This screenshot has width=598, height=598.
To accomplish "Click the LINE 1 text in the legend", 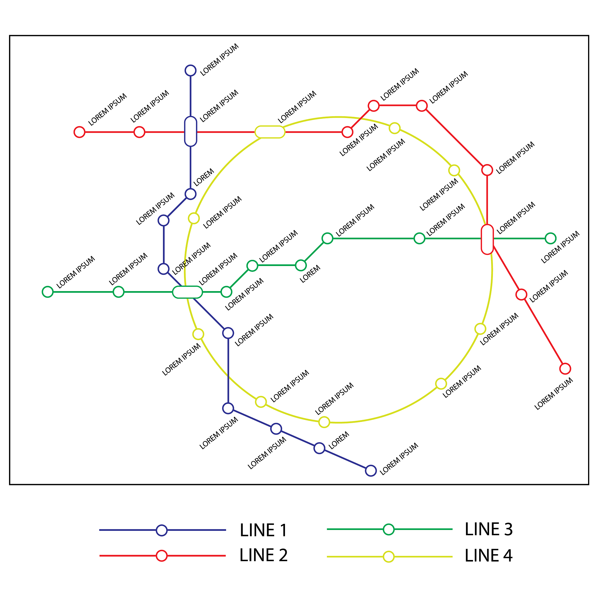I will pos(263,530).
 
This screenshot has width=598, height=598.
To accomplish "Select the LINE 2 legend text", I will pos(263,555).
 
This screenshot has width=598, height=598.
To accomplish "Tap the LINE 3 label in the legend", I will pos(489,529).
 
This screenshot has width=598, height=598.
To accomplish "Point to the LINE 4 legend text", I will pos(489,556).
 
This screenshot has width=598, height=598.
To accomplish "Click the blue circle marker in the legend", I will pos(161,530).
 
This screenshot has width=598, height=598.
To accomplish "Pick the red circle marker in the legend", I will pos(161,556).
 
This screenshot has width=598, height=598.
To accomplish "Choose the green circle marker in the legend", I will pos(388,529).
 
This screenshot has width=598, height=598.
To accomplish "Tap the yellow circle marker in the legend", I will pos(388,557).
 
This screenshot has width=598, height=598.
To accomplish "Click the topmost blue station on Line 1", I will pos(190,71).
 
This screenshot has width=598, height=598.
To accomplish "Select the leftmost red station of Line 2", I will pos(79,132).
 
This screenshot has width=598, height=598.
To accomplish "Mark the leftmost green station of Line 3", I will pos(48,292).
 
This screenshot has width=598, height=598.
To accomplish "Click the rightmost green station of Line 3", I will pos(550,238).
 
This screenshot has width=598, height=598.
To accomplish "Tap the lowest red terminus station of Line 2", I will pos(565,369).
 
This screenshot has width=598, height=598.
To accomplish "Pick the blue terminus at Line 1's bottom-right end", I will pos(371,470).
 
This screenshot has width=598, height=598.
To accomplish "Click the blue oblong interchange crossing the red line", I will pos(190,131).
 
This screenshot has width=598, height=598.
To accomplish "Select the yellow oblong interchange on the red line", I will pos(270,132).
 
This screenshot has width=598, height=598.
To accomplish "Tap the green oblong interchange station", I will pos(187,292).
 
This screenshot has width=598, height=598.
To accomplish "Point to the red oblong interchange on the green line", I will pos(487,239).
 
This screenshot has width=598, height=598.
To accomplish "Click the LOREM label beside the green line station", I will pos(310,274).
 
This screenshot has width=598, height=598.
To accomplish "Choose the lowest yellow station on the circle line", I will pos(324,422).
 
